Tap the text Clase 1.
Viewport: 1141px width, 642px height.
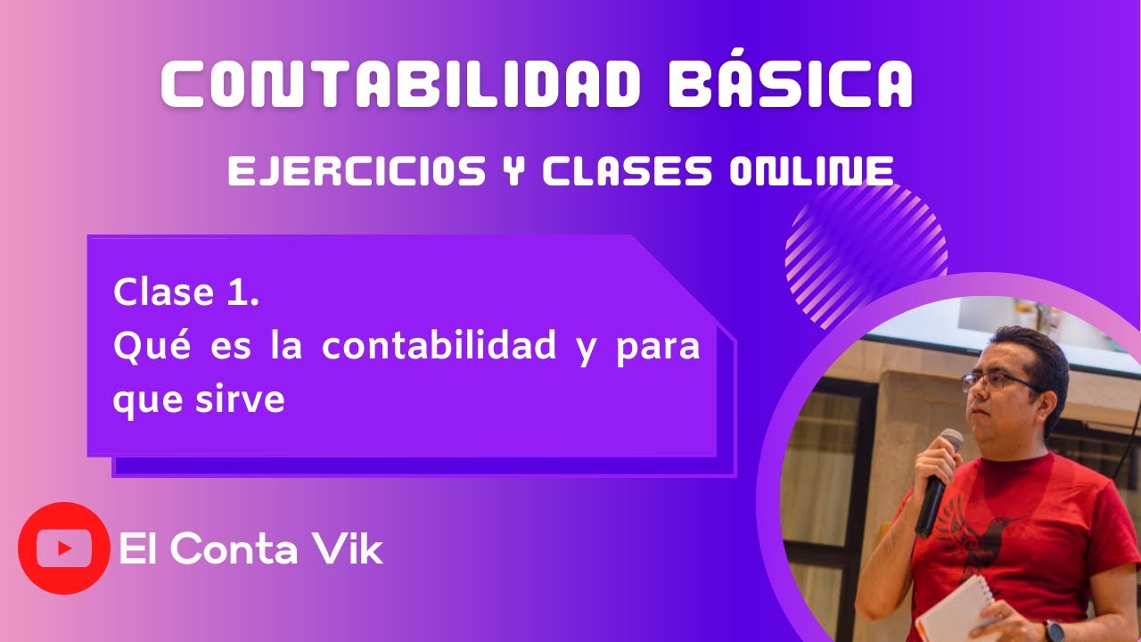[x=186, y=292]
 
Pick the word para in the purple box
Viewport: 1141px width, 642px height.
[x=658, y=346]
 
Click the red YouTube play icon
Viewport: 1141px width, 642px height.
[x=63, y=548]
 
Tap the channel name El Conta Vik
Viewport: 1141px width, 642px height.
[x=250, y=550]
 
